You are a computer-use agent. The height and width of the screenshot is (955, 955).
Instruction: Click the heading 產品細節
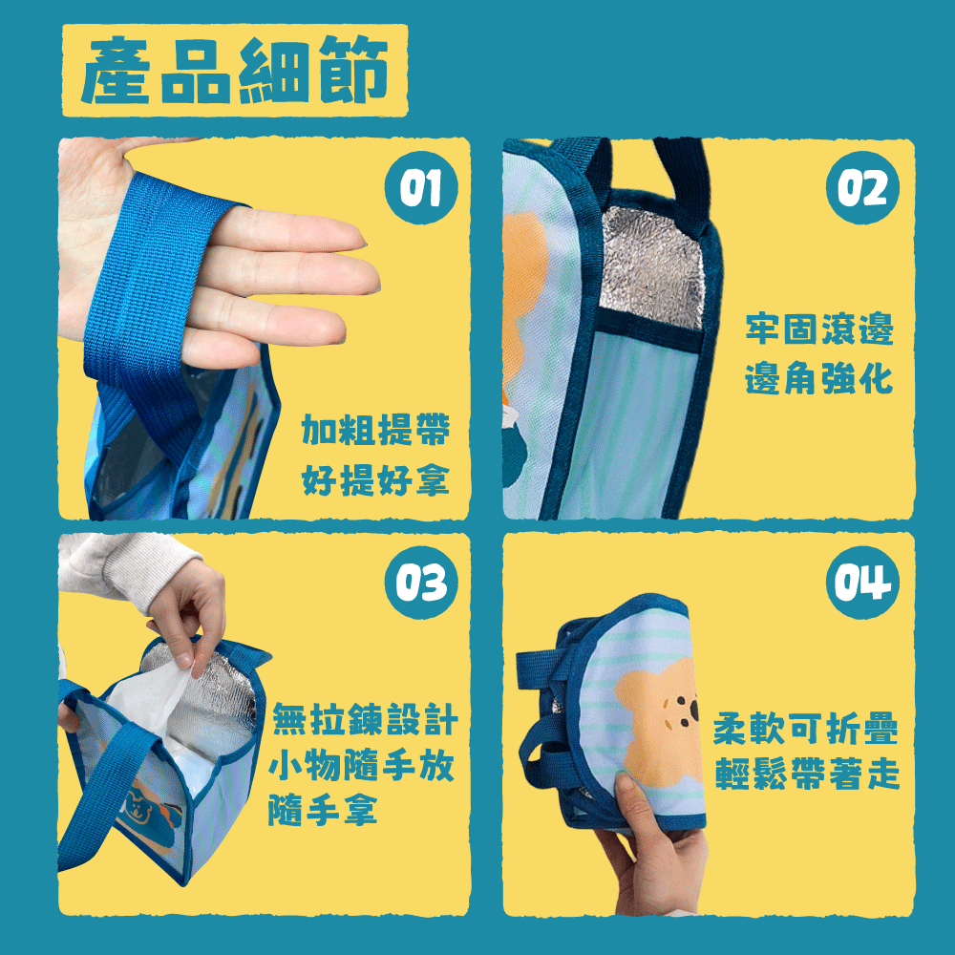[235, 72]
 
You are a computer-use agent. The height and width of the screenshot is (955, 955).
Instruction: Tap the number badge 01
[420, 187]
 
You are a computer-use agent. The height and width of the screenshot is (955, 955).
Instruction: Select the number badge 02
[862, 187]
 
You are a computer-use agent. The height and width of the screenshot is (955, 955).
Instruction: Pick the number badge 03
[420, 582]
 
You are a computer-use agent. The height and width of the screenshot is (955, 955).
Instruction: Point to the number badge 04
[862, 582]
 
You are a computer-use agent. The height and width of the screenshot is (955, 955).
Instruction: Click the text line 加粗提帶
[375, 432]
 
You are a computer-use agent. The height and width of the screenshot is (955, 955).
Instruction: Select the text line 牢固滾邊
[819, 329]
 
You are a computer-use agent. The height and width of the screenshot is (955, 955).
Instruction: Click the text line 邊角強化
[819, 378]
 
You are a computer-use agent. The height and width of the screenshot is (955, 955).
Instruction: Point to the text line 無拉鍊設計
[365, 719]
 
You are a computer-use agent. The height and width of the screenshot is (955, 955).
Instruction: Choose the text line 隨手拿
[323, 811]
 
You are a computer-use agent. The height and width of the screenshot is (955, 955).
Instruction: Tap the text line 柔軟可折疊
[805, 731]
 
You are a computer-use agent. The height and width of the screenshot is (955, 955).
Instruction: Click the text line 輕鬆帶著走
[805, 776]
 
